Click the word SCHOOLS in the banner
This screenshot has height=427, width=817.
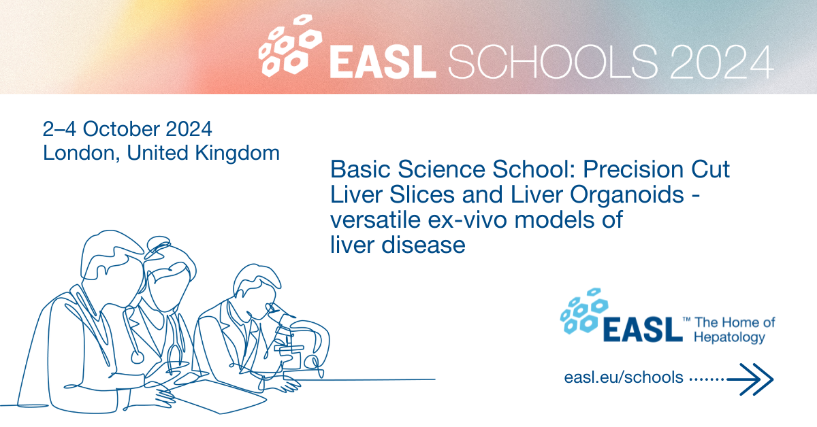tap(553, 61)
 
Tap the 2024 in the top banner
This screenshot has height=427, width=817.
tap(722, 61)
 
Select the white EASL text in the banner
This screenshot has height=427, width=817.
tap(383, 62)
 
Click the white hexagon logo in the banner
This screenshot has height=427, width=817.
tap(290, 45)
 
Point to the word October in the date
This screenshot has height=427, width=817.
tap(121, 129)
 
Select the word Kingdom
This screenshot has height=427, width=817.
tap(238, 154)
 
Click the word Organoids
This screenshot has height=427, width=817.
tap(626, 195)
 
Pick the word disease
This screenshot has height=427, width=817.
tap(423, 245)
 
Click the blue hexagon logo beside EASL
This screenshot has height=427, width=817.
tap(584, 311)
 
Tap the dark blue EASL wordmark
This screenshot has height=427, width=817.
tap(643, 329)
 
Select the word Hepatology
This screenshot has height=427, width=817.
tap(729, 337)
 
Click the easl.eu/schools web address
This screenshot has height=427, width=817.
tap(624, 377)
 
